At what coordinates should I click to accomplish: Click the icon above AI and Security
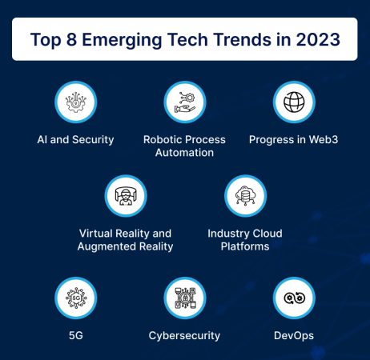(x=75, y=102)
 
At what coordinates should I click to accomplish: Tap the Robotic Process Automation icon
(x=185, y=102)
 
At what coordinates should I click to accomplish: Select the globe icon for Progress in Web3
(x=293, y=102)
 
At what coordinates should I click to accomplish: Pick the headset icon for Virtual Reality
(x=125, y=196)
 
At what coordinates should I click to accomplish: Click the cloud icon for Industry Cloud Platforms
(x=245, y=196)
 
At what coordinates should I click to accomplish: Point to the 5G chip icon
(x=75, y=298)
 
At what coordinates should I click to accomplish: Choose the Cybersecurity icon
(x=185, y=298)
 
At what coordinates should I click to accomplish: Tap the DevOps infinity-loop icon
(x=293, y=298)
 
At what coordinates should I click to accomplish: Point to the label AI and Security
(x=75, y=139)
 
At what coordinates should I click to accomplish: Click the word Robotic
(x=163, y=139)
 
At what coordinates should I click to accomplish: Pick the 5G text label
(x=75, y=335)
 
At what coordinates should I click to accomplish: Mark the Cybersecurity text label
(x=185, y=335)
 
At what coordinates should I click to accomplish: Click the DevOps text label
(x=293, y=335)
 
